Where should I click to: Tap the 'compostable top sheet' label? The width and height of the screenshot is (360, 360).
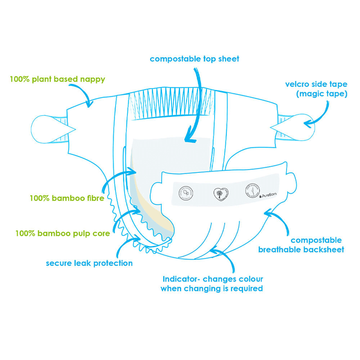[194, 59]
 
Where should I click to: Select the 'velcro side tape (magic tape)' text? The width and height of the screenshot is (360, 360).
[316, 89]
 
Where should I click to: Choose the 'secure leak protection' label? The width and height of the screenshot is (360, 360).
[89, 263]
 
